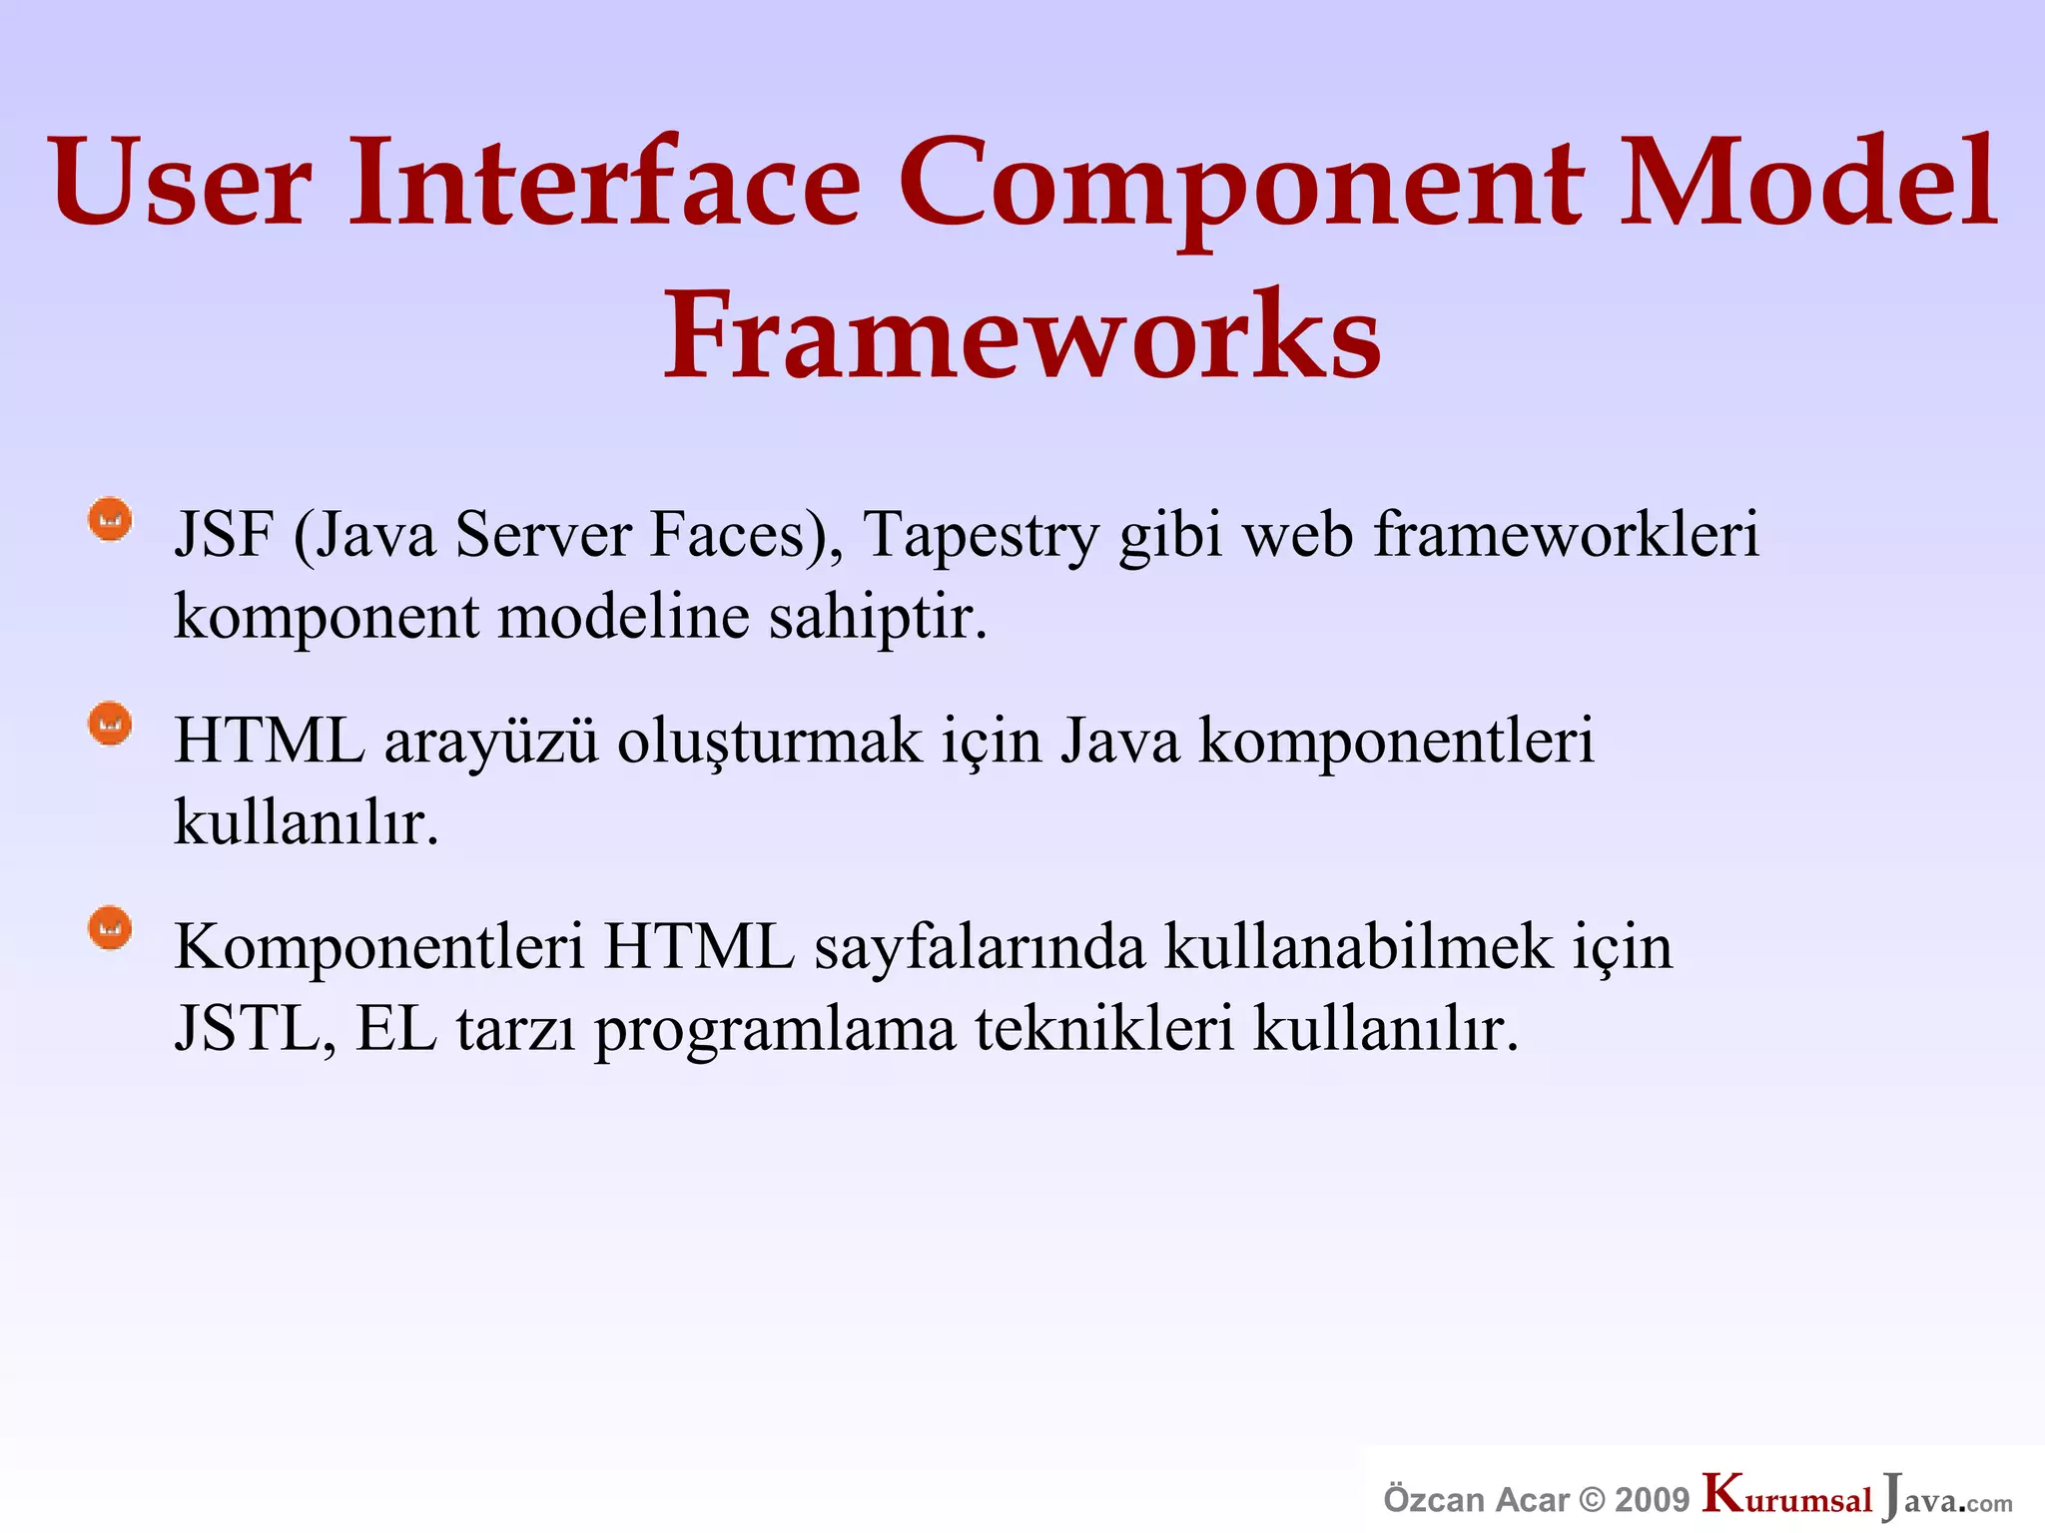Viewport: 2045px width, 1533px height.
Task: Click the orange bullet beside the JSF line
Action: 110,520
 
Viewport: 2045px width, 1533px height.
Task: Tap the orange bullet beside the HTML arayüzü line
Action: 110,724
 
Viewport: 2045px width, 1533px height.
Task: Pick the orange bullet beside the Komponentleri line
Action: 110,929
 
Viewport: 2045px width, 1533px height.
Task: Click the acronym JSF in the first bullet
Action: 224,535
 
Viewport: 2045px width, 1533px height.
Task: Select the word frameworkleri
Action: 1566,535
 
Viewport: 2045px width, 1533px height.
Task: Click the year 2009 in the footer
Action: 1652,1500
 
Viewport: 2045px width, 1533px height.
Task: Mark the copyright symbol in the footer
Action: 1593,1500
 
